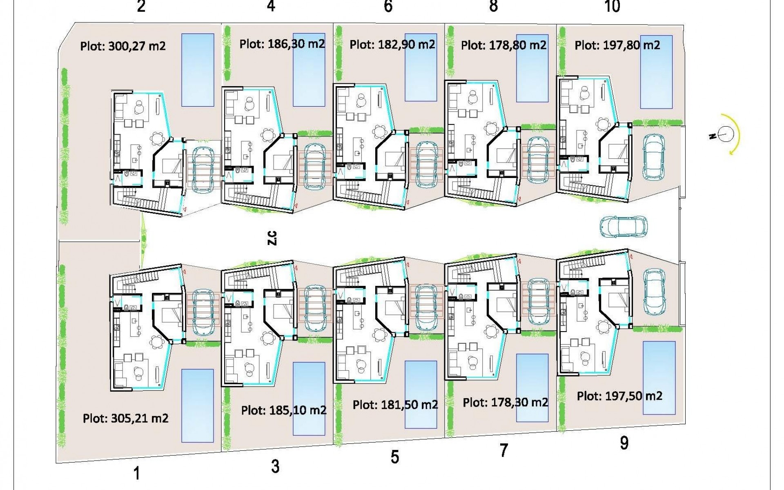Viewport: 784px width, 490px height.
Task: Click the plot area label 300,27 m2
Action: [137, 46]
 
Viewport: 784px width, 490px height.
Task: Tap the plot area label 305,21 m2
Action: [140, 419]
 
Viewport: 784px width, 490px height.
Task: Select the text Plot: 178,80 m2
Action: [503, 45]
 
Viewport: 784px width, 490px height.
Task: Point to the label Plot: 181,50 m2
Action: [395, 405]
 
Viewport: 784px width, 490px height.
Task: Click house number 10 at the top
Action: [612, 7]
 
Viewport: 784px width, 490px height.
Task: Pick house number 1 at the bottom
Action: [137, 474]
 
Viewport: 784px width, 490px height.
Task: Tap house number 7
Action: [504, 450]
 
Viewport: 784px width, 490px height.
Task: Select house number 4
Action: [271, 6]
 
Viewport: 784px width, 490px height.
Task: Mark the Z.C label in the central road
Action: [272, 238]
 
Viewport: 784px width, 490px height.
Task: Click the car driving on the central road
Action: [624, 227]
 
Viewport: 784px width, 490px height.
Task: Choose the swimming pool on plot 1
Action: [197, 406]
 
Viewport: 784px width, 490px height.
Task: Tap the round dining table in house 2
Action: [157, 138]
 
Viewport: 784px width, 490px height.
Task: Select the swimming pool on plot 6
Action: [421, 67]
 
